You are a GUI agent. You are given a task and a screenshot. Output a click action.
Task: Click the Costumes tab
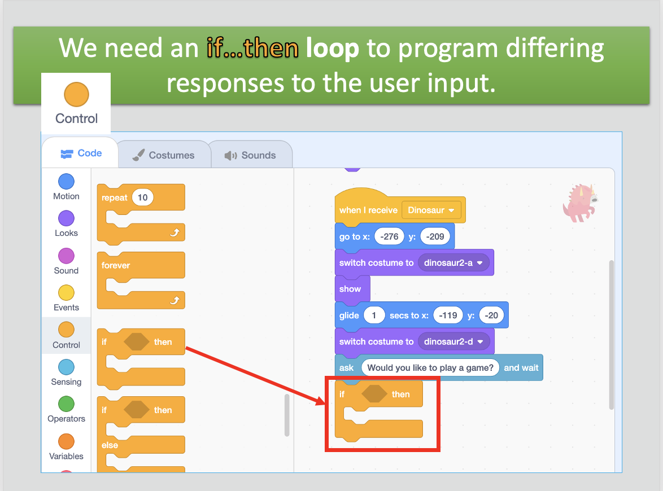click(164, 155)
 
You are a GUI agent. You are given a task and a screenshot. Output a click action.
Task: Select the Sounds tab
click(250, 155)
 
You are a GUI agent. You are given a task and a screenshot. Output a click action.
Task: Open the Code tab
click(81, 153)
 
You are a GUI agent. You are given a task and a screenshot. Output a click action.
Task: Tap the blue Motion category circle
click(67, 182)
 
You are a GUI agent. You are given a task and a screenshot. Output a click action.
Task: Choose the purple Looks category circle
click(67, 218)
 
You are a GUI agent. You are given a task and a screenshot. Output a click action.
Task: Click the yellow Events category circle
click(67, 293)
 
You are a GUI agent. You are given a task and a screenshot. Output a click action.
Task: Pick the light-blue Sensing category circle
click(67, 367)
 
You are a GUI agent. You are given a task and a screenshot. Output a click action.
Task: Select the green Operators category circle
click(67, 404)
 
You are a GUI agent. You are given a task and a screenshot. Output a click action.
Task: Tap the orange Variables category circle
click(67, 441)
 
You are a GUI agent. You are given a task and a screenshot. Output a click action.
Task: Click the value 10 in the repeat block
click(142, 198)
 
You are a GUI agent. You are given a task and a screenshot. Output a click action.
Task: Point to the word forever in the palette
click(115, 265)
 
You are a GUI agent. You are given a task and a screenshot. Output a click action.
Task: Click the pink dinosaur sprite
click(580, 203)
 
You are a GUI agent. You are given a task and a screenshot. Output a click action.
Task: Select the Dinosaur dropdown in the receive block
click(431, 210)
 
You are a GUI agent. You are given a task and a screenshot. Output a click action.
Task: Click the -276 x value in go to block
click(389, 236)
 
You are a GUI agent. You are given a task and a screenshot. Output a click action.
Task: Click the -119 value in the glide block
click(448, 315)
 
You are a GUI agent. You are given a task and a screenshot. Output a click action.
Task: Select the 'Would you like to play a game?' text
click(430, 367)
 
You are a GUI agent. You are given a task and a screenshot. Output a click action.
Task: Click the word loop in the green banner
click(332, 48)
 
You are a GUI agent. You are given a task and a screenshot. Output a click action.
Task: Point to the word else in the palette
click(110, 445)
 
